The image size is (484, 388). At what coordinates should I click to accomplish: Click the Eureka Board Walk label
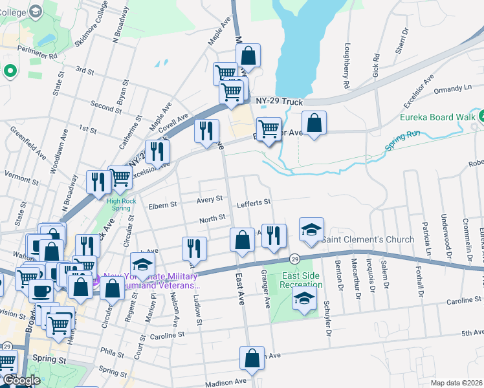437,118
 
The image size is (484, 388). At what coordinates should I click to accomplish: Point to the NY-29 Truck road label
279,102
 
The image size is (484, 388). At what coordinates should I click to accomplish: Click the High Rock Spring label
122,204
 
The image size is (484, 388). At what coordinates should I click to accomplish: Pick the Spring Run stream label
404,141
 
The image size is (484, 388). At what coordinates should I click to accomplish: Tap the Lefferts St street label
253,203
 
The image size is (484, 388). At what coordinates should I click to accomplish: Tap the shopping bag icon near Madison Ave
252,358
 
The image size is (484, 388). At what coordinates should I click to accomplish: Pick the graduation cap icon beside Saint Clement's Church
311,230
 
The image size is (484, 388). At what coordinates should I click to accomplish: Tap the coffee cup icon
41,290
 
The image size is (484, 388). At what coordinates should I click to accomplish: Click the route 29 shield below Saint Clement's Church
294,258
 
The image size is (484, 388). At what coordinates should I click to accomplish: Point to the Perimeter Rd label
38,56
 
